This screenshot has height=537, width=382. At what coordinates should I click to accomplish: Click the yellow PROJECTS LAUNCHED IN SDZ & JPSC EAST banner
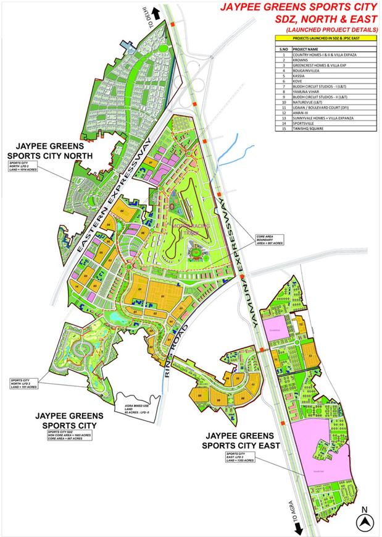click(x=321, y=38)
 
